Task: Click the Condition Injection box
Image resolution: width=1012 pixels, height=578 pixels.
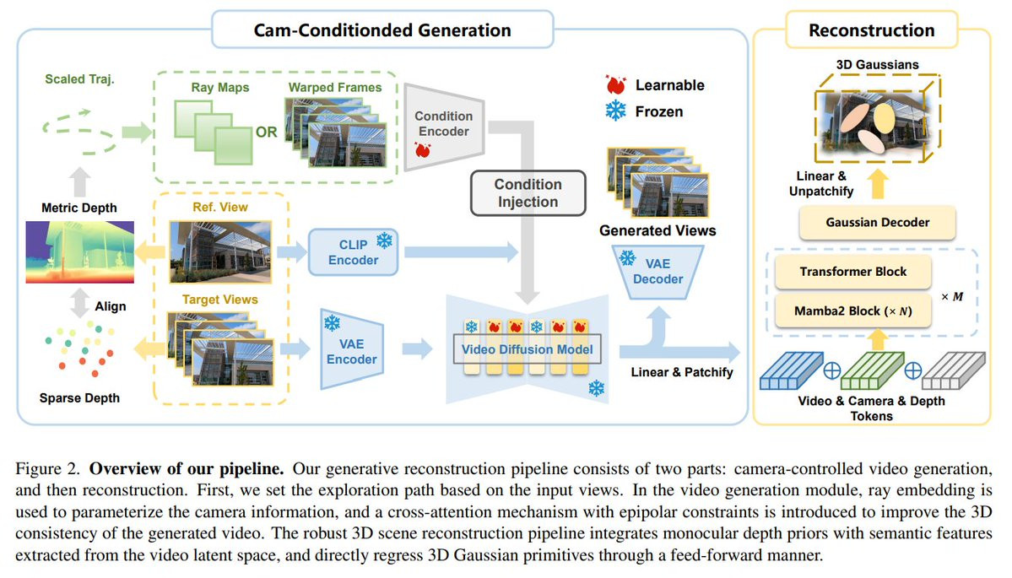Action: coord(528,193)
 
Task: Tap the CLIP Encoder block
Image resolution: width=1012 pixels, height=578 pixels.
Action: coord(354,251)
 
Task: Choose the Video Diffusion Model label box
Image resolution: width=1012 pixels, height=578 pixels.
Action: coord(528,348)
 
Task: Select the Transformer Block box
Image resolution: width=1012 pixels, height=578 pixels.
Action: coord(852,272)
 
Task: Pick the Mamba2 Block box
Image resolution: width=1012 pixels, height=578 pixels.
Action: coord(852,311)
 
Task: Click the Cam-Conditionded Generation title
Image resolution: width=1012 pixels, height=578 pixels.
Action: coord(382,30)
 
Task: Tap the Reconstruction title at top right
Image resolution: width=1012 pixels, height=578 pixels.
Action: coord(871,30)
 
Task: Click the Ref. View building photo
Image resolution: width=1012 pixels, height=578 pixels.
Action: coord(220,249)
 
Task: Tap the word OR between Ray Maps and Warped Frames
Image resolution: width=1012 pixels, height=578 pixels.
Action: coord(266,132)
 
